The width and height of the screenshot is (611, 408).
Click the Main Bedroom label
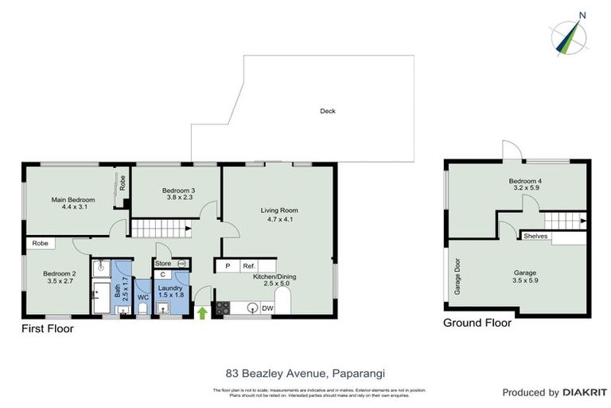(73, 199)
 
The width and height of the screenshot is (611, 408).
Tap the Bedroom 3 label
(178, 190)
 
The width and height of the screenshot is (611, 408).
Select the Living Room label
(279, 210)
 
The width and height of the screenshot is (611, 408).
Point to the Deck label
(327, 111)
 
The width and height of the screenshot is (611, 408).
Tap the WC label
(143, 297)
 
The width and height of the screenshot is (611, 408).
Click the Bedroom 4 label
(525, 182)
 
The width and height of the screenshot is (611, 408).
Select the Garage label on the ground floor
(524, 273)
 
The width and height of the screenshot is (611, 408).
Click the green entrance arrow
(202, 312)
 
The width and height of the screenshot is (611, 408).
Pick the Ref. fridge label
(248, 266)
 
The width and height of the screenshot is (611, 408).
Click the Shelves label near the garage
(533, 236)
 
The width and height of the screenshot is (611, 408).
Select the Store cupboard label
(163, 263)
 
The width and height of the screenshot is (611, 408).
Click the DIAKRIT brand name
(585, 392)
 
